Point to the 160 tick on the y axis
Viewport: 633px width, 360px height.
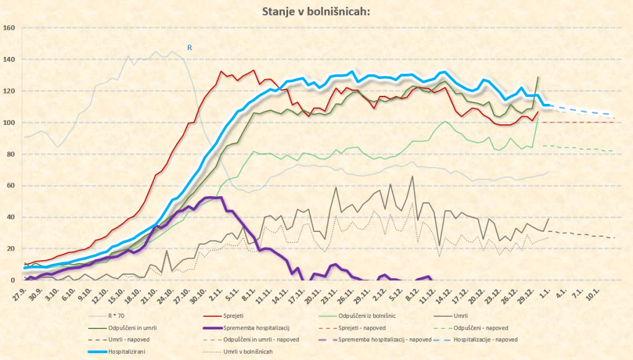(x=9, y=28)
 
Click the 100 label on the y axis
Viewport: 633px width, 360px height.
(x=9, y=122)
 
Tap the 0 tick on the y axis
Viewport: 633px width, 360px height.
(x=13, y=280)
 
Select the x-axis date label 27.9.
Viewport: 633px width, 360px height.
(x=19, y=294)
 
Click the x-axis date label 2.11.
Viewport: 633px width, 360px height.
(x=216, y=294)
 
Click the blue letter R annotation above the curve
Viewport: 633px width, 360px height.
(x=189, y=47)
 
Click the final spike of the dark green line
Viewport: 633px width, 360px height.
(x=538, y=77)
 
